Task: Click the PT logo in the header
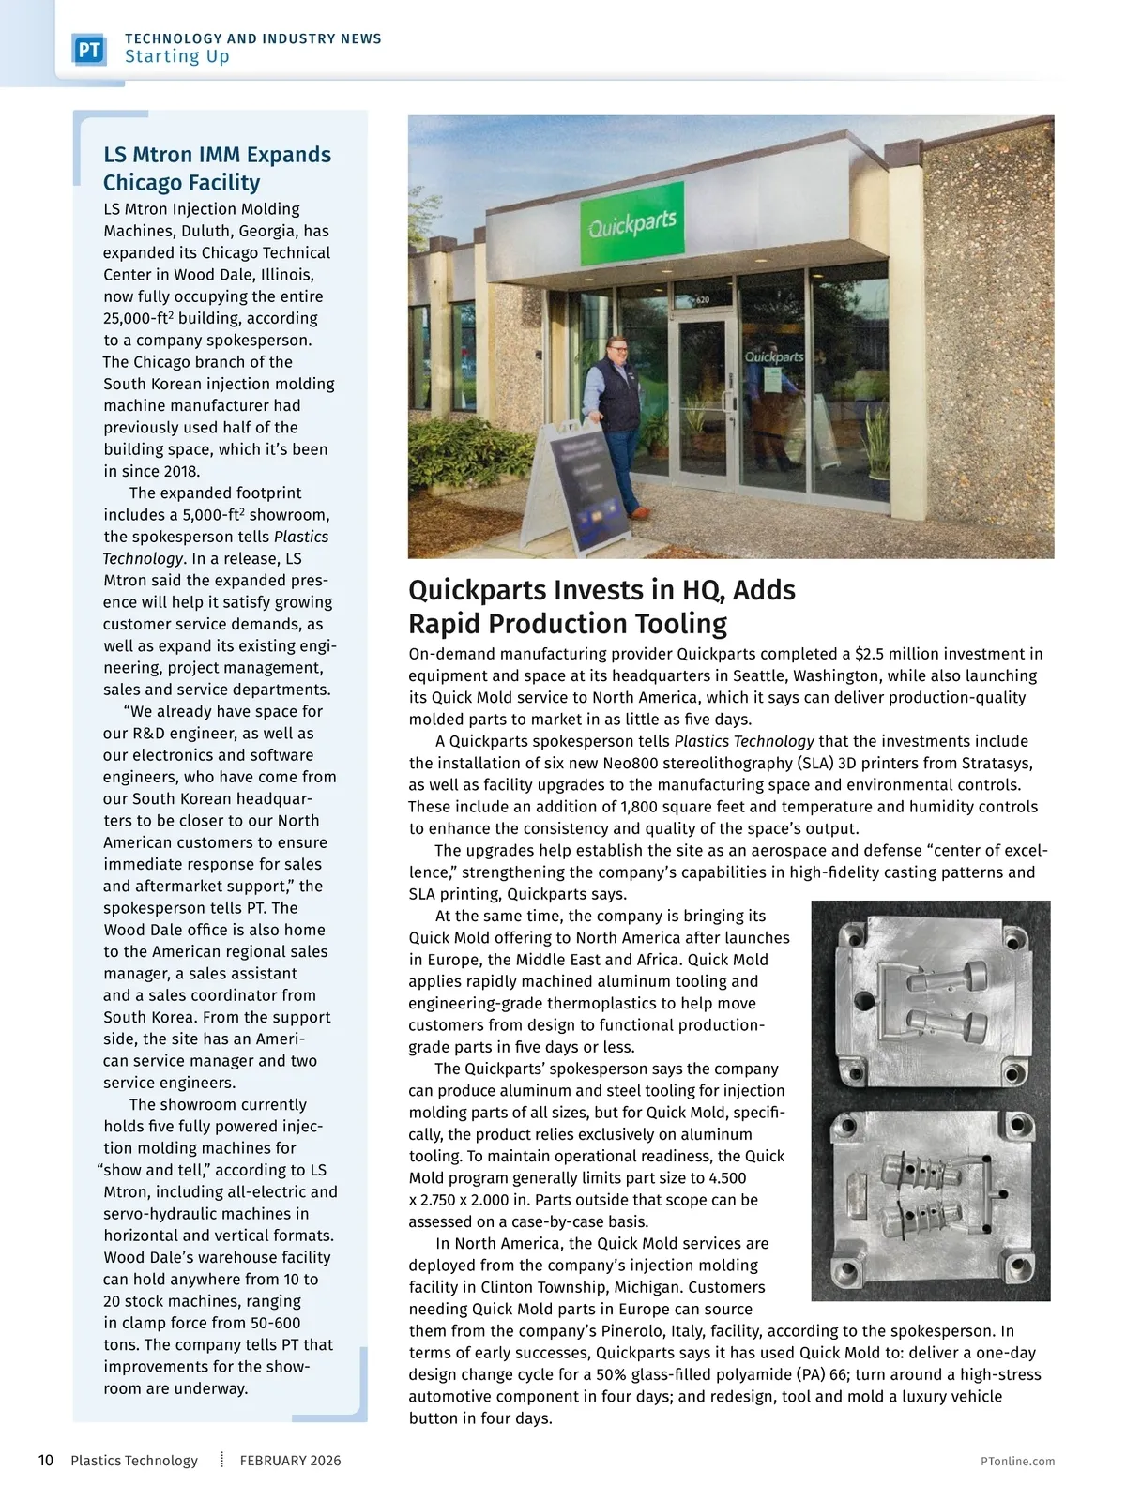[x=89, y=50]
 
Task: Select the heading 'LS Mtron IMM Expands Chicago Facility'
[x=217, y=169]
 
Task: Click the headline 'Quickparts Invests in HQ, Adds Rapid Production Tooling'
[x=601, y=607]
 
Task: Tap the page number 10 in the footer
[x=46, y=1461]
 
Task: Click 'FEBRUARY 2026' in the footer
[x=290, y=1461]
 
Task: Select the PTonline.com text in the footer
[x=1017, y=1462]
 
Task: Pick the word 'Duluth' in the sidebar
[x=208, y=231]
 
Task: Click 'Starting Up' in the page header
[x=177, y=56]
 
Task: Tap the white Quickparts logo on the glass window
[x=774, y=357]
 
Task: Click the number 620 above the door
[x=702, y=300]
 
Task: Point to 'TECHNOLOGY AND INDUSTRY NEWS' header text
[x=253, y=38]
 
